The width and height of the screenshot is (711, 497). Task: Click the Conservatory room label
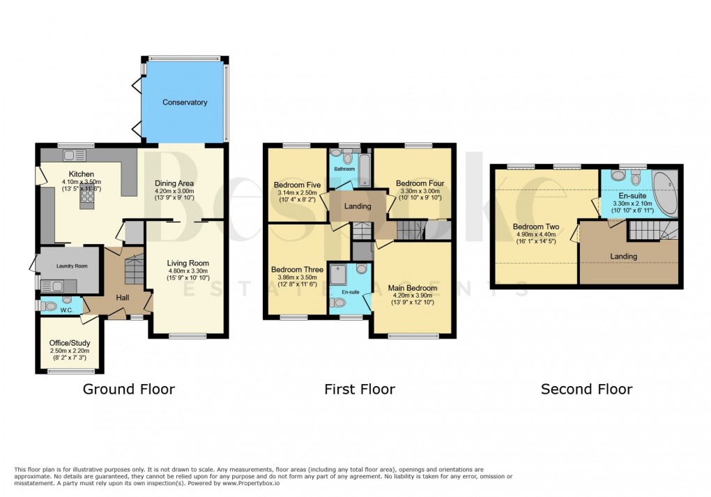click(185, 102)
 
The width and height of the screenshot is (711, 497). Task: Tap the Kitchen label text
click(81, 174)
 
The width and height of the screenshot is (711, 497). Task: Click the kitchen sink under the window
click(72, 154)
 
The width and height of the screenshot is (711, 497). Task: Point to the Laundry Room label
click(71, 266)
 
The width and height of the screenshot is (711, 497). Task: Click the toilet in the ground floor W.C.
click(49, 305)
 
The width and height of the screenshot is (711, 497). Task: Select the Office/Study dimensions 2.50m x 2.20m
click(69, 351)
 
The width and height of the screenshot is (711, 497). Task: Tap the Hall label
click(122, 298)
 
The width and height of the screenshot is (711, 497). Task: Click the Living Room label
click(188, 263)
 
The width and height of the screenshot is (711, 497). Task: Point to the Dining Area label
click(174, 183)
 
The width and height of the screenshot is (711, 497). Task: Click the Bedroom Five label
click(296, 185)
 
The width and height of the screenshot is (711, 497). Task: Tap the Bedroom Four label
click(420, 183)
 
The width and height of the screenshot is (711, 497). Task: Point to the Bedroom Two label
click(536, 227)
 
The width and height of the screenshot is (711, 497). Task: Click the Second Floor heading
click(586, 389)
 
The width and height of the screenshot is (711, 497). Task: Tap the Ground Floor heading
click(128, 389)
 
